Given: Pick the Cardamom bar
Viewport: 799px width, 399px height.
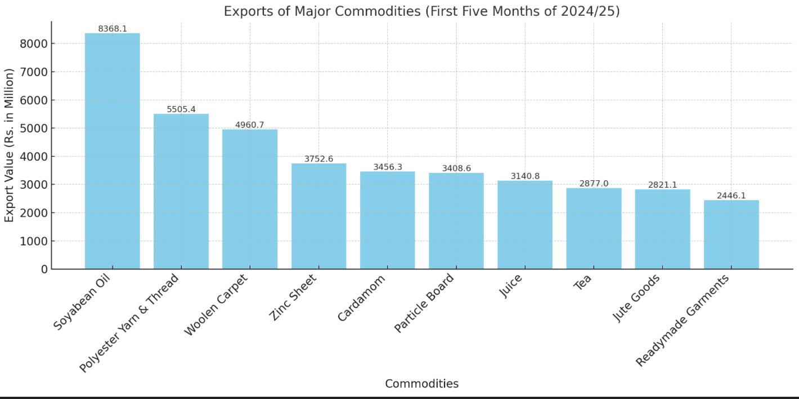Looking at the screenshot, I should pos(387,220).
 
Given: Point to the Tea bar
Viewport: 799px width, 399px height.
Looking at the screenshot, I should pos(594,228).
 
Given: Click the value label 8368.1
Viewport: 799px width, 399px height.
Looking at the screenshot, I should pos(112,29).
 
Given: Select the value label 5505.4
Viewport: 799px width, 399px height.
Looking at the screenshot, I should pos(181,109).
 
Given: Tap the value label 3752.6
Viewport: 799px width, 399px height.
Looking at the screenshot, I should pos(318,159).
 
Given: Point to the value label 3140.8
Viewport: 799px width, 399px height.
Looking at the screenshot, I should pos(525,176).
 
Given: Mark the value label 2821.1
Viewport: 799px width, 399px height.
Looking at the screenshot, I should pos(662,185).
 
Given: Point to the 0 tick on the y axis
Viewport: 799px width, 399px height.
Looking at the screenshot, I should pos(43,269).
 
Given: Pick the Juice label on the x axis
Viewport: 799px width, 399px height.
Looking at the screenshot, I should pos(511,286).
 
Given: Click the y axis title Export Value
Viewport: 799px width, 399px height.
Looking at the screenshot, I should pos(10,145).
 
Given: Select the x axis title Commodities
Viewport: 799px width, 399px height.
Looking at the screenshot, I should pos(421,384).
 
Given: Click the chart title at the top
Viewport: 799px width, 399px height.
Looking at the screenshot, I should pos(421,11).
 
